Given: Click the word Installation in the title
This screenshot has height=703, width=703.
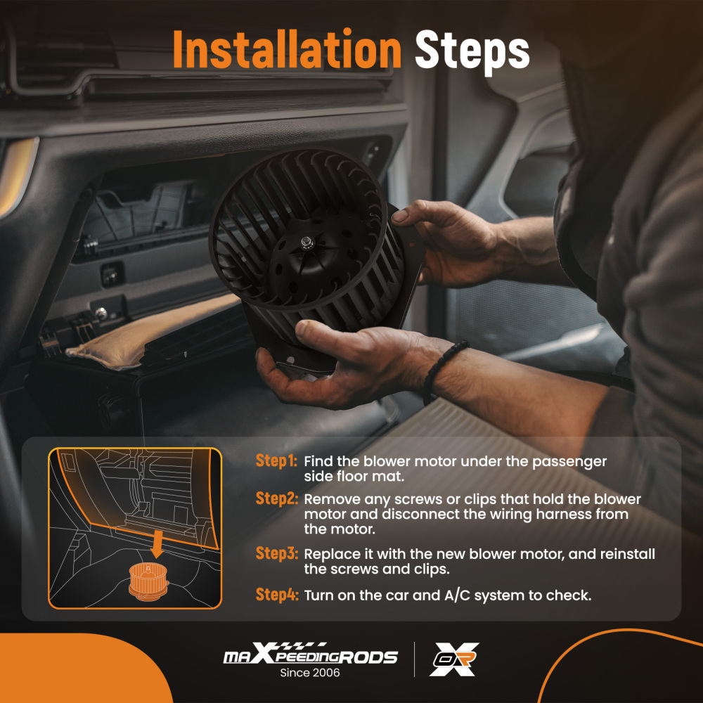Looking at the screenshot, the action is click(287, 49).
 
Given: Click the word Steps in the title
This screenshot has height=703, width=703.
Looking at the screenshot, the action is click(472, 52).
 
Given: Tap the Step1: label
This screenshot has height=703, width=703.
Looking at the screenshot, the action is click(276, 461).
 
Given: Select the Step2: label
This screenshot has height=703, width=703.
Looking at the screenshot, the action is click(276, 498).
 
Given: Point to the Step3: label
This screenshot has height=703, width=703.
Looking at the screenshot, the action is click(276, 554).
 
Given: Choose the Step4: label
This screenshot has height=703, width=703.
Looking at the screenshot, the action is click(276, 595).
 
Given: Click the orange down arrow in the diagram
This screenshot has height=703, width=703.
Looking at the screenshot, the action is click(157, 544).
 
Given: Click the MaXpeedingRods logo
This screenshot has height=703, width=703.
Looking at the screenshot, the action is click(310, 654).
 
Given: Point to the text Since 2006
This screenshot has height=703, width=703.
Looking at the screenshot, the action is click(310, 673).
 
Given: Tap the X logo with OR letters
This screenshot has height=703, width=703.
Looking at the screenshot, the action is click(454, 659).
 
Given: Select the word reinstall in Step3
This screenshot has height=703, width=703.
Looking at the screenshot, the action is click(628, 554).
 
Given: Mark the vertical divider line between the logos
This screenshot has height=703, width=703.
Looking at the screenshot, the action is click(414, 659).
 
